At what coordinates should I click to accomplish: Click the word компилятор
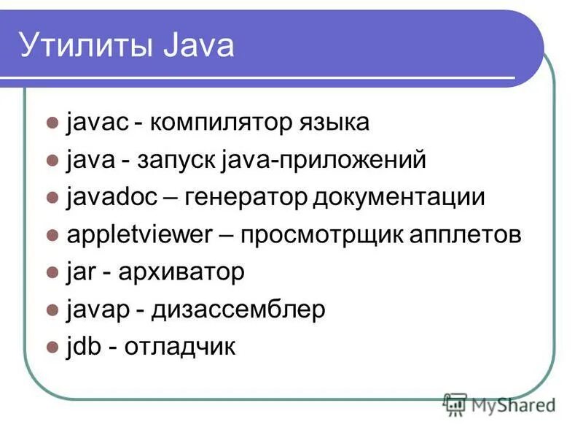click(223, 122)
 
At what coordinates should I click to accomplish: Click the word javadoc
click(110, 197)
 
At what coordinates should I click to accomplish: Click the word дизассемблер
click(238, 310)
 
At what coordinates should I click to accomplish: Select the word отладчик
click(179, 347)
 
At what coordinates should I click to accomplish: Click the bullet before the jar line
click(52, 272)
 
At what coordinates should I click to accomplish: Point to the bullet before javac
click(52, 123)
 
